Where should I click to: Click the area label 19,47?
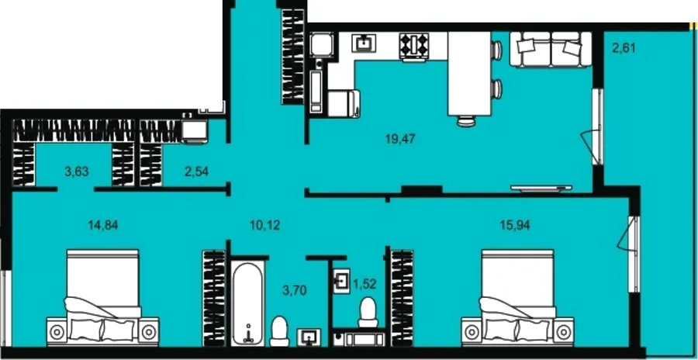point(401,139)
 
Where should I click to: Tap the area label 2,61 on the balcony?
point(624,47)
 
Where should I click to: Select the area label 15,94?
point(515,226)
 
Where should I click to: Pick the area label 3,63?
point(77,171)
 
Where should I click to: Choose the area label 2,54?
point(196,171)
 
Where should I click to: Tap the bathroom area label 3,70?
point(295,290)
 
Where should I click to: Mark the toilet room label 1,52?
point(365,285)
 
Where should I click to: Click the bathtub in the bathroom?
point(247,303)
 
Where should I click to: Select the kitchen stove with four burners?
point(414,45)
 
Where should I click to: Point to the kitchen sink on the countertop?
point(365,43)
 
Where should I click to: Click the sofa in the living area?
point(551,49)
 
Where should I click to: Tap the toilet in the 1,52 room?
point(368,313)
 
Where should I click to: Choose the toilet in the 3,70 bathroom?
point(279,331)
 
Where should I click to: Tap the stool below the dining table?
point(466,121)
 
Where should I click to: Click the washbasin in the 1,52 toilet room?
point(341,281)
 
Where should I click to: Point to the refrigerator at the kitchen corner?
point(321,45)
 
